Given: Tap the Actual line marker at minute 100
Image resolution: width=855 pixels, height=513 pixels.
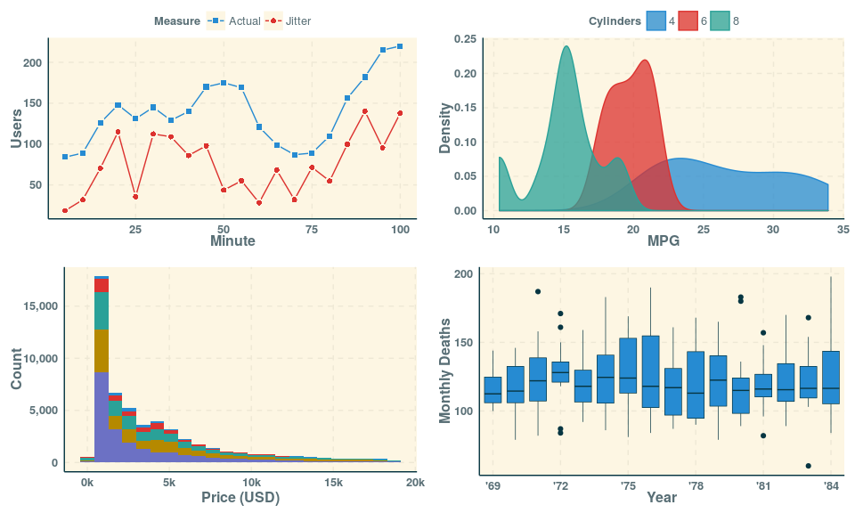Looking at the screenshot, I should coord(400,46).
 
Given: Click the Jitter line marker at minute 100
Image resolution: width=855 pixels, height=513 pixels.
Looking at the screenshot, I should coord(400,113).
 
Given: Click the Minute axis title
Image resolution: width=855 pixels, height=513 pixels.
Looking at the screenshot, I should coord(232,240).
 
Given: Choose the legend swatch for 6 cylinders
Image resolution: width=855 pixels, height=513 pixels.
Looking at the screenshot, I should coord(688,20).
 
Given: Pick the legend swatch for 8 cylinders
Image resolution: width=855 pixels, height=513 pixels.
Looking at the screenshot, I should coord(721,20).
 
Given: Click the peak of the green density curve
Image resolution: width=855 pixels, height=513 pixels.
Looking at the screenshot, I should coord(566,47).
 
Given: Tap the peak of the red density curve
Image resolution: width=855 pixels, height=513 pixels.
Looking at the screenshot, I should coord(644,61).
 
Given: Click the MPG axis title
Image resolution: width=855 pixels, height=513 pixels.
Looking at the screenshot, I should coord(663,240).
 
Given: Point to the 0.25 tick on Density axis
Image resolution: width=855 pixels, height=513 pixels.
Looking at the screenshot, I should coord(465,39).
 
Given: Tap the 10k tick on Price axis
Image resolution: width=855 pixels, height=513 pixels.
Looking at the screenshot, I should coord(251,483).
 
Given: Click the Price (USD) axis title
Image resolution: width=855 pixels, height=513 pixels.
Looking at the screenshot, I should coord(240,498).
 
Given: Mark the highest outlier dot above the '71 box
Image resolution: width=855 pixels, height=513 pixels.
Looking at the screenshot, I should coord(538,292).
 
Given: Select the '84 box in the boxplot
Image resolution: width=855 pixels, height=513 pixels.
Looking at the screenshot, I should coord(831,378).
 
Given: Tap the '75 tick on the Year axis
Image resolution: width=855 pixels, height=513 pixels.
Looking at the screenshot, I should coord(628,486).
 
